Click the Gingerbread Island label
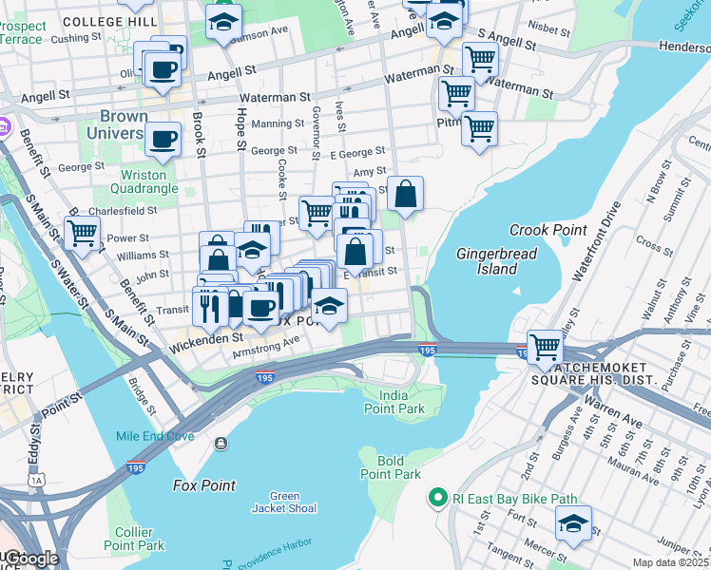(x=496, y=261)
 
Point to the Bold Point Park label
(x=391, y=467)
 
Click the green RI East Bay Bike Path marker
(x=437, y=497)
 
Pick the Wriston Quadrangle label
(x=144, y=181)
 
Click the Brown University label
(x=125, y=125)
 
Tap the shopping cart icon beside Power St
(x=83, y=231)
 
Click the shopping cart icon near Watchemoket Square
(x=545, y=346)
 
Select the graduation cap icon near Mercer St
(x=573, y=522)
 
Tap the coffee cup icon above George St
(x=162, y=140)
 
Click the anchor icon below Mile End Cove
(x=221, y=443)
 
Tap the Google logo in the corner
(x=30, y=559)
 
